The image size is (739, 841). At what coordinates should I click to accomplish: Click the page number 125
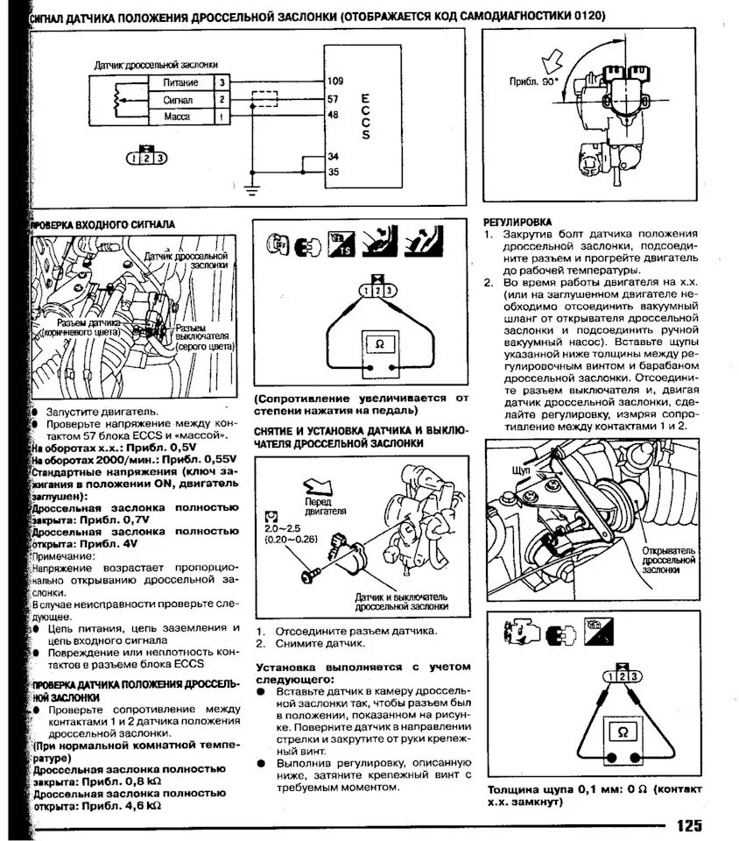pos(688,825)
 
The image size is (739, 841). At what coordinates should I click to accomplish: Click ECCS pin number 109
pos(334,81)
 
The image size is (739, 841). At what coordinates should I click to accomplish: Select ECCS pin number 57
pos(333,99)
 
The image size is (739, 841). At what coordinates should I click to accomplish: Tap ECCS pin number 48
pos(333,115)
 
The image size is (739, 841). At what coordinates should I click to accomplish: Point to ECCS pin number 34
pos(333,156)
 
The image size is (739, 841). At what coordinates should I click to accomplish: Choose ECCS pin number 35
pos(333,172)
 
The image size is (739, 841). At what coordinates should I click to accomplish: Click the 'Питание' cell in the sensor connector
pos(180,82)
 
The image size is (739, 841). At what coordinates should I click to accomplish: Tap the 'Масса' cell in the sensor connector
pos(178,116)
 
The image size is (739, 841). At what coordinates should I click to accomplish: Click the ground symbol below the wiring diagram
pos(251,187)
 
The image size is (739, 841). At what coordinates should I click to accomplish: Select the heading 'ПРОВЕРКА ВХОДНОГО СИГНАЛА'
pos(104,224)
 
